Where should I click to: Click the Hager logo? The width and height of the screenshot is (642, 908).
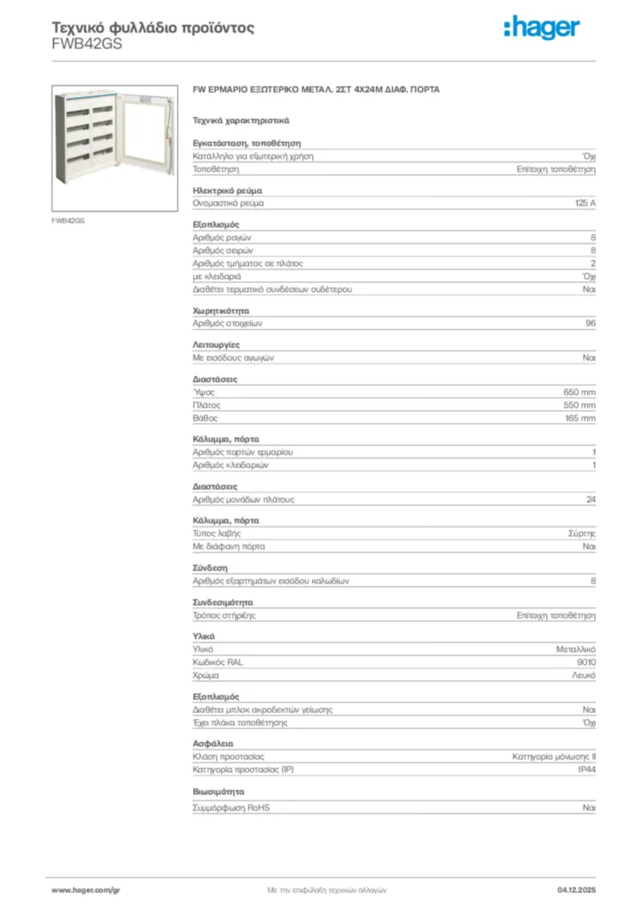click(541, 28)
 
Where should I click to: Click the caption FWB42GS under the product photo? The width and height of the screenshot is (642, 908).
click(68, 219)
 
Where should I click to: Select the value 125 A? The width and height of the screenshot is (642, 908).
click(585, 203)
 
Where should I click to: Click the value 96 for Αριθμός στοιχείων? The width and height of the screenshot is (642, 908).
click(591, 324)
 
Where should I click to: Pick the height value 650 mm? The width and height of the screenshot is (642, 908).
click(580, 392)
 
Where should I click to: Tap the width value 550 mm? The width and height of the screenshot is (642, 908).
click(580, 405)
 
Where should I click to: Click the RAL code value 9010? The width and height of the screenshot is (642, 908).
click(586, 662)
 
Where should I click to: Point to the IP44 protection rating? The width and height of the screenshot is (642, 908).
click(586, 770)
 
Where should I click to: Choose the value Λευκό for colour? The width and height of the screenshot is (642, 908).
click(583, 676)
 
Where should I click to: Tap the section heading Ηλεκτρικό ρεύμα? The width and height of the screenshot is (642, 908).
click(227, 191)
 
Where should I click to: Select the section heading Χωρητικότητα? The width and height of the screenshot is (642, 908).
click(222, 311)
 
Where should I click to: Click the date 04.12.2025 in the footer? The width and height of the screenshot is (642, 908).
click(576, 888)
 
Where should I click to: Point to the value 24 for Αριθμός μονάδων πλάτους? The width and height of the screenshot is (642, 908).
click(591, 499)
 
